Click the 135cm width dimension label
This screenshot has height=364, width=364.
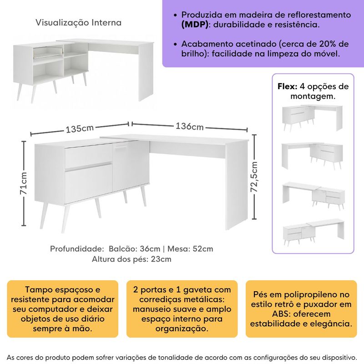pyautogui.click(x=80, y=129)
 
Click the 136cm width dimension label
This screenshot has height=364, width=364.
pyautogui.click(x=189, y=126)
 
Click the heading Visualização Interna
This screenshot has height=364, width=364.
pyautogui.click(x=79, y=23)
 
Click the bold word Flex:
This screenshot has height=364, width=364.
pyautogui.click(x=288, y=86)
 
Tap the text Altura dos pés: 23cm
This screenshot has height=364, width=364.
pyautogui.click(x=131, y=259)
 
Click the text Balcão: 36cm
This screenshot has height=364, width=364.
pyautogui.click(x=134, y=249)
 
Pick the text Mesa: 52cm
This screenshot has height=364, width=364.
pyautogui.click(x=190, y=249)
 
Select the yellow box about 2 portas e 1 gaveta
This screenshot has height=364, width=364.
pyautogui.click(x=182, y=309)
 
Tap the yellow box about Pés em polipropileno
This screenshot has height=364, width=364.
pyautogui.click(x=301, y=309)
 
